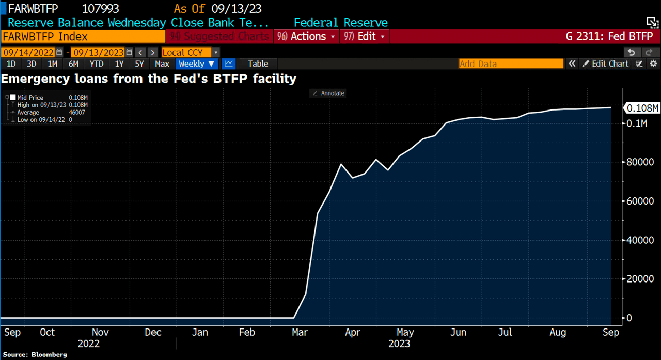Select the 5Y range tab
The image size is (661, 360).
tap(139, 64)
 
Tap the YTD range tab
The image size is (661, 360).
tap(96, 64)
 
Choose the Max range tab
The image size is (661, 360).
tap(162, 64)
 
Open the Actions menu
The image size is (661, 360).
tap(308, 36)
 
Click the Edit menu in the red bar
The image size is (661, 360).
tap(367, 36)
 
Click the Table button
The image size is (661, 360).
tap(258, 64)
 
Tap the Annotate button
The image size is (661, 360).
tap(328, 93)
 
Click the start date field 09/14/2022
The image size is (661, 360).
tap(28, 52)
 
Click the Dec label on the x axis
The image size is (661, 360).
tap(153, 333)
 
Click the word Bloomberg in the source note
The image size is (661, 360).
tap(50, 355)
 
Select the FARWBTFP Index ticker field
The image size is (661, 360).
tap(83, 36)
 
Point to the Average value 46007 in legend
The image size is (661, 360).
tap(77, 112)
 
